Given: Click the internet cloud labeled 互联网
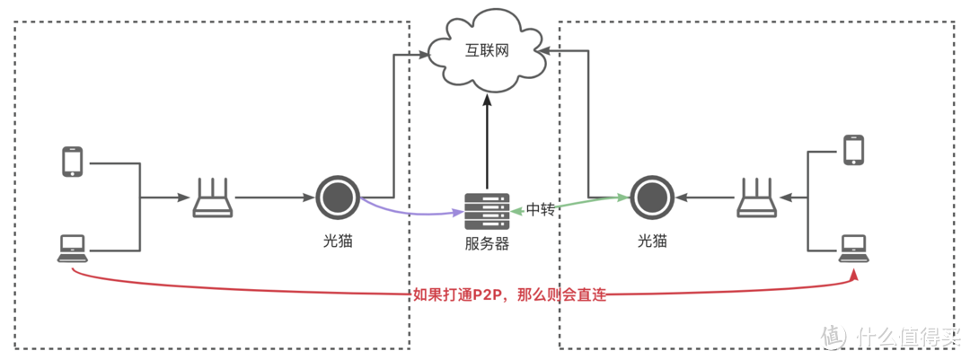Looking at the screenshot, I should (487, 50).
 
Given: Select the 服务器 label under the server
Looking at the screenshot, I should (487, 243).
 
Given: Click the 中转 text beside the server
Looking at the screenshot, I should (541, 209).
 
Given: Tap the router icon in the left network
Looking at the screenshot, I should (213, 198).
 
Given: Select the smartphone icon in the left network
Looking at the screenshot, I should (72, 162).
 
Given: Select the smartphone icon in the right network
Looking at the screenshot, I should (853, 150).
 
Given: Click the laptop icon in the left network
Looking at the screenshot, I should (72, 247).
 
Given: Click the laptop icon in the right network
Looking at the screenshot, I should (853, 247).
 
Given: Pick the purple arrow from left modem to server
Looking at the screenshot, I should (409, 212).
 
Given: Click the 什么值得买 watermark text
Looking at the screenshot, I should (907, 337).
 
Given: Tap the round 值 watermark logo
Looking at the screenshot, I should (833, 337).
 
